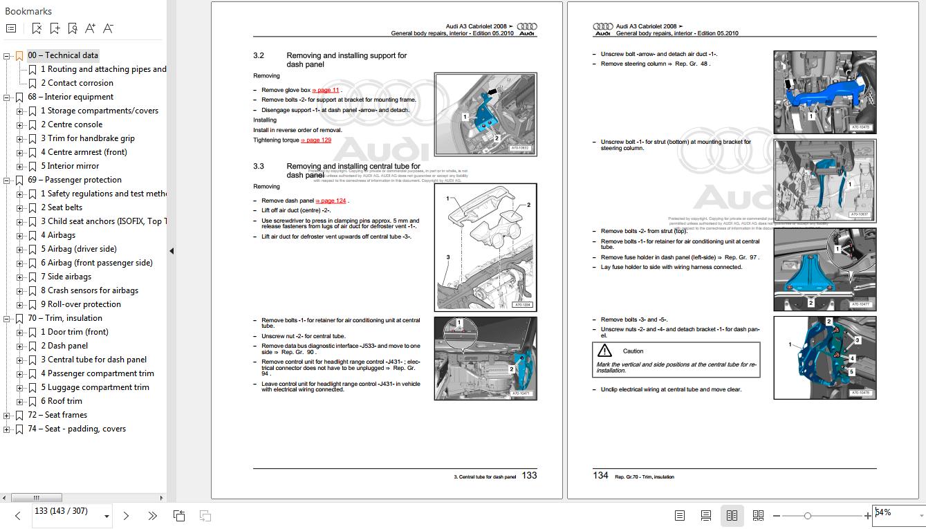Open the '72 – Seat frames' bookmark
pos(58,415)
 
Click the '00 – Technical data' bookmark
pos(62,55)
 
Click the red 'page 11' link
pos(326,91)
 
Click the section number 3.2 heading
pos(259,55)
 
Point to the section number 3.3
pos(259,167)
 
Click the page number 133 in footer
pos(529,476)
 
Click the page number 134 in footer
pos(600,476)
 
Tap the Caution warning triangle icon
pos(604,351)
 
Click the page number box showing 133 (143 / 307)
pos(66,512)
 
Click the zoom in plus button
pos(867,516)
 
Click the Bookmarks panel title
pos(28,11)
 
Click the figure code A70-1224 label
pos(522,304)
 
